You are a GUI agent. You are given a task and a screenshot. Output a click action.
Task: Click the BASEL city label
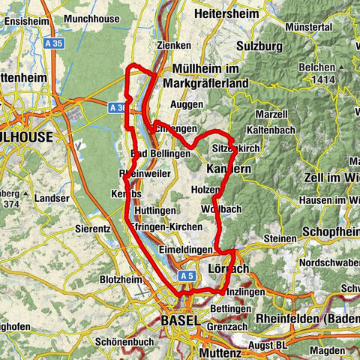(x=181, y=320)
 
